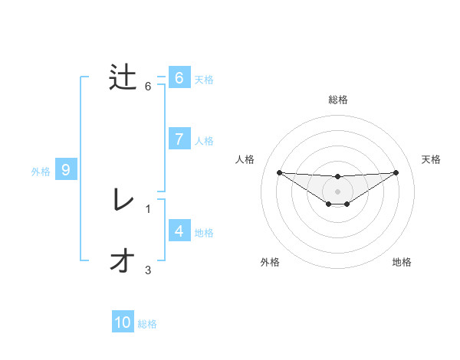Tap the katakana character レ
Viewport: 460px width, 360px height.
pyautogui.click(x=123, y=201)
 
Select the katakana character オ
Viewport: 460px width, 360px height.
pyautogui.click(x=123, y=262)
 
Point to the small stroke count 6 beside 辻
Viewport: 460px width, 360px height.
pyautogui.click(x=148, y=87)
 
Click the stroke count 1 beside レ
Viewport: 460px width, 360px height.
pyautogui.click(x=148, y=208)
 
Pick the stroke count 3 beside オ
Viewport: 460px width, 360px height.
pyautogui.click(x=148, y=270)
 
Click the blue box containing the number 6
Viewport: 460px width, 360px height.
pyautogui.click(x=179, y=78)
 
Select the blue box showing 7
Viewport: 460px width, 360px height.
pyautogui.click(x=179, y=139)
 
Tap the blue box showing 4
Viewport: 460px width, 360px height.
pyautogui.click(x=179, y=231)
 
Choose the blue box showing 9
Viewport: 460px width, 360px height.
pyautogui.click(x=66, y=170)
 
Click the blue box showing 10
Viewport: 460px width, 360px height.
pyautogui.click(x=123, y=322)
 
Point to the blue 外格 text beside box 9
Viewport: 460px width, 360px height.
pyautogui.click(x=41, y=172)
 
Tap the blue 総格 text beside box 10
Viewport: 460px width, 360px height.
pyautogui.click(x=147, y=324)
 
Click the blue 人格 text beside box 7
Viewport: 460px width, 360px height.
pyautogui.click(x=204, y=141)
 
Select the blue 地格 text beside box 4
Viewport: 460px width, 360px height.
pyautogui.click(x=204, y=232)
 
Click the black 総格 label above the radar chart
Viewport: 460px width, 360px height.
pyautogui.click(x=337, y=100)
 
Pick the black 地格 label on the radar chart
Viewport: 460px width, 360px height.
pyautogui.click(x=402, y=262)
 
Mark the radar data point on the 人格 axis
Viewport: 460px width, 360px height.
pyautogui.click(x=279, y=172)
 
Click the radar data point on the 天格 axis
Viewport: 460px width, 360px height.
pyautogui.click(x=396, y=172)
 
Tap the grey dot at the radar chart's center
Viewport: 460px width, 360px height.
pyautogui.click(x=337, y=191)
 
